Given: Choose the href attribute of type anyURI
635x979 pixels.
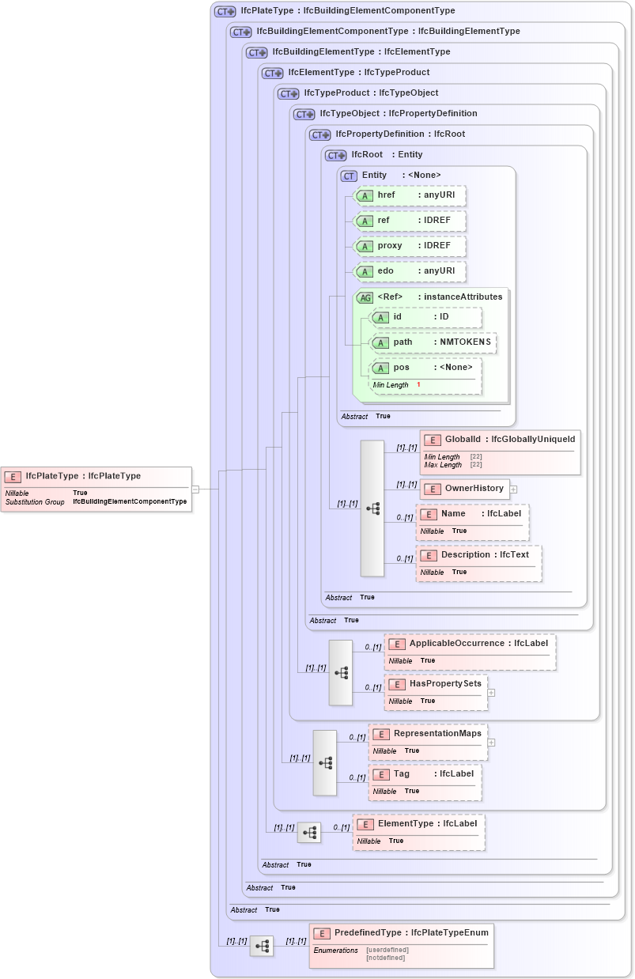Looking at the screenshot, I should click(409, 195).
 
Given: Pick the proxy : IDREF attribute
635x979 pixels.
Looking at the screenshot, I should click(409, 246).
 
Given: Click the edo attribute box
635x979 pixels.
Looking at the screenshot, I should click(409, 271).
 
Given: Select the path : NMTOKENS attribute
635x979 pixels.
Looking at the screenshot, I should click(433, 342).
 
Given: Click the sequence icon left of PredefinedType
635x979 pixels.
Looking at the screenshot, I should click(262, 945).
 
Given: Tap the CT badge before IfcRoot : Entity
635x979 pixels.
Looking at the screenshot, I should click(337, 155).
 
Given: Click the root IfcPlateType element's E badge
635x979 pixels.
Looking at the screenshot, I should click(13, 477).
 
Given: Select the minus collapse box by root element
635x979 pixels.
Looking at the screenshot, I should click(195, 489).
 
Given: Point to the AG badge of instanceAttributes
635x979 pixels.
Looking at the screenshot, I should click(365, 297).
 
